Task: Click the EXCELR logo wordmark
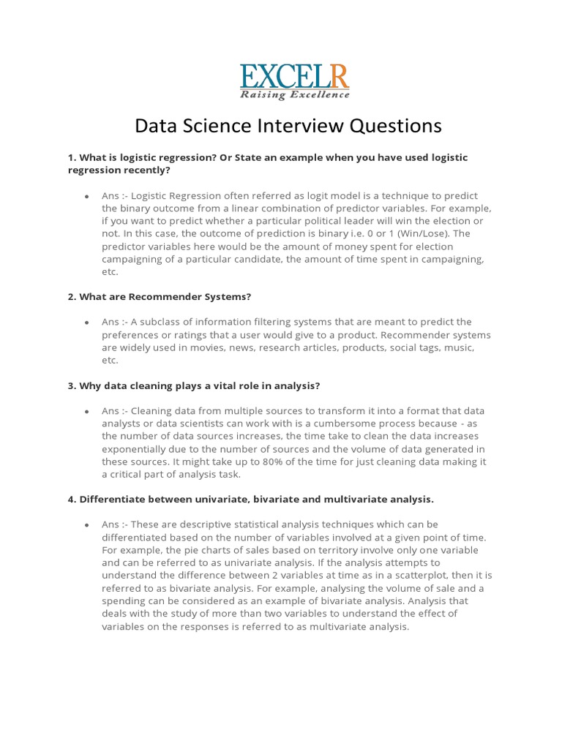(x=295, y=76)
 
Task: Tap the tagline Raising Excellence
(x=295, y=94)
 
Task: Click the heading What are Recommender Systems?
(x=160, y=296)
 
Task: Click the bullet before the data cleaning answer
(x=86, y=411)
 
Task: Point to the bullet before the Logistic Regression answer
(x=86, y=196)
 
